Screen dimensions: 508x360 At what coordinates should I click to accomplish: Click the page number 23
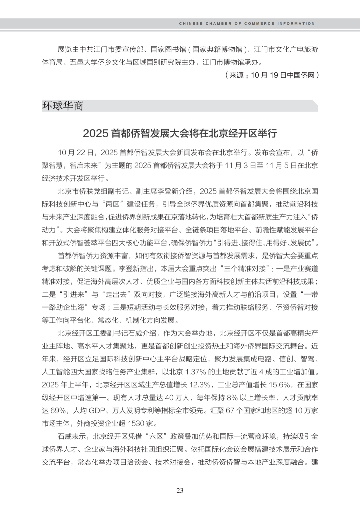tap(180, 490)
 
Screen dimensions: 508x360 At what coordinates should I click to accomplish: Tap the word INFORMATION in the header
tap(296, 24)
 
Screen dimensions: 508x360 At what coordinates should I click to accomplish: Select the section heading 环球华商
tap(63, 106)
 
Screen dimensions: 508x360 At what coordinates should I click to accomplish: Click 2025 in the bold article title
tap(96, 134)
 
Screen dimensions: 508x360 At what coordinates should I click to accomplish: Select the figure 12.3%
tap(200, 385)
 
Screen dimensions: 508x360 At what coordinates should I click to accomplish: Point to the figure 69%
tap(56, 411)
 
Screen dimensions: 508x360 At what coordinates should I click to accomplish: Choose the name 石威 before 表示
tap(65, 436)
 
